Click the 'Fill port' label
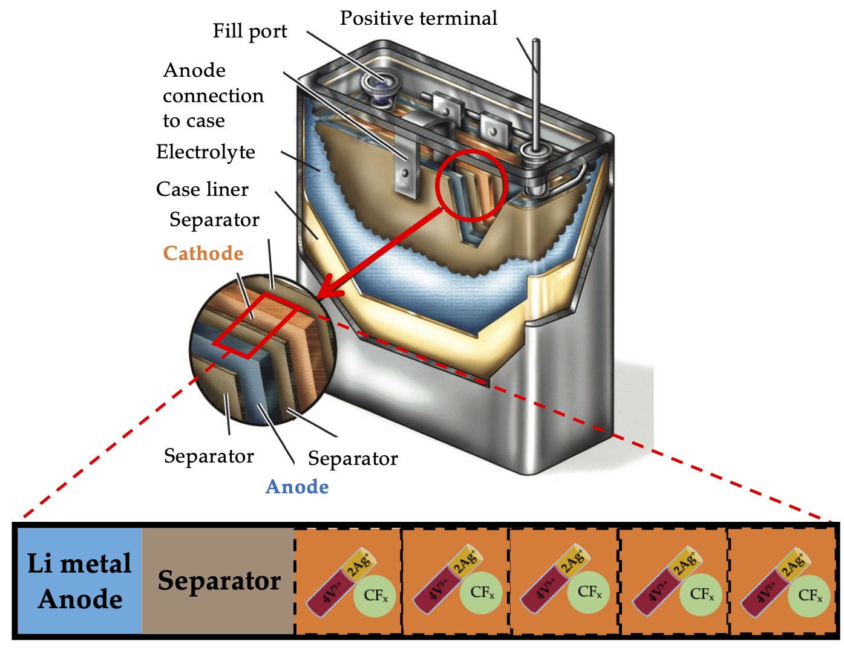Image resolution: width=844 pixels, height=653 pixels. pyautogui.click(x=249, y=31)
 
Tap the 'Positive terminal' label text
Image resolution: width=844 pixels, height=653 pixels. pyautogui.click(x=418, y=18)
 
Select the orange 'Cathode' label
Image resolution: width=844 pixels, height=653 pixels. pyautogui.click(x=203, y=253)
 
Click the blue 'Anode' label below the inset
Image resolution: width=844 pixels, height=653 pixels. pyautogui.click(x=297, y=487)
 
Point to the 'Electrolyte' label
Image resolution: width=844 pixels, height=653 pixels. pyautogui.click(x=205, y=152)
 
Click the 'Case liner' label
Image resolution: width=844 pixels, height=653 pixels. pyautogui.click(x=202, y=189)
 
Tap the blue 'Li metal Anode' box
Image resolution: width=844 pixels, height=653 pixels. pyautogui.click(x=79, y=581)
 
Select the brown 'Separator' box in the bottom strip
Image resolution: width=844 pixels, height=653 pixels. pyautogui.click(x=218, y=581)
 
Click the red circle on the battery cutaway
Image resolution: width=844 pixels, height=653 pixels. pyautogui.click(x=471, y=185)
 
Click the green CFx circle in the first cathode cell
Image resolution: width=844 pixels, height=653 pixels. pyautogui.click(x=375, y=595)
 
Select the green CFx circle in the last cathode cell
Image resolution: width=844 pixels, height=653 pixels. pyautogui.click(x=810, y=595)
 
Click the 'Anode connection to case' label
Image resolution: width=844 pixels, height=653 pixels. pyautogui.click(x=213, y=96)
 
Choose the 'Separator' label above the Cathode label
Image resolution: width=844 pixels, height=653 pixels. pyautogui.click(x=214, y=219)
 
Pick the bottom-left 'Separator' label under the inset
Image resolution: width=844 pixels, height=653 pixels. pyautogui.click(x=209, y=456)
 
